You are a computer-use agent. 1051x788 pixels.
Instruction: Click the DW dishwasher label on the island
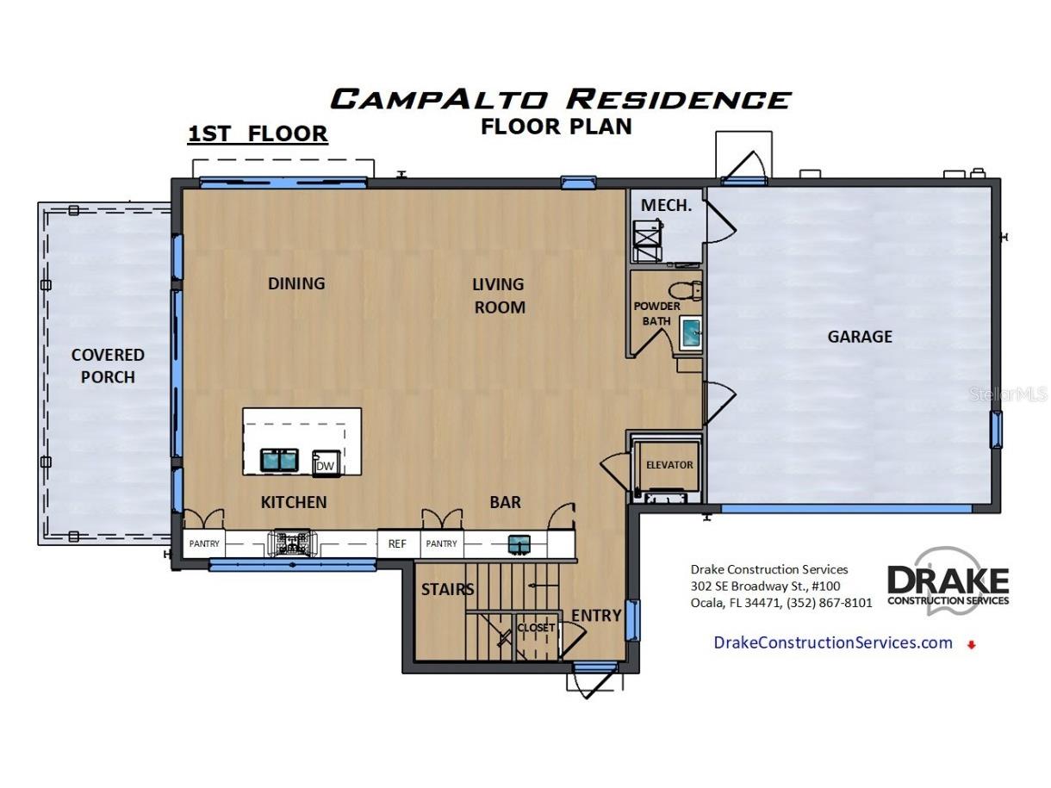325,466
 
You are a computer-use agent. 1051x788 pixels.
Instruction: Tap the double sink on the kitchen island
278,461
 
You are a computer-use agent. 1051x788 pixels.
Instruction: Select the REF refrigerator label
397,543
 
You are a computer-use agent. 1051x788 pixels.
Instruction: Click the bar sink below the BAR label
519,543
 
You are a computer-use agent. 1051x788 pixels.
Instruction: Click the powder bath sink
691,332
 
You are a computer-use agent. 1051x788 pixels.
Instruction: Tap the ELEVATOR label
669,464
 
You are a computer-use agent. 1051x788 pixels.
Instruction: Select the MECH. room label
666,206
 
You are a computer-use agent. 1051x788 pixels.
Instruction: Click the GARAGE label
859,337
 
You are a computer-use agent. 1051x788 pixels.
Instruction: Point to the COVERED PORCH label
108,365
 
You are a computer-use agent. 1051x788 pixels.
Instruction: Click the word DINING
296,283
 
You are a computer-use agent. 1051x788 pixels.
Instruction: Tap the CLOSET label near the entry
536,628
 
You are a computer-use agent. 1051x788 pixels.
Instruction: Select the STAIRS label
447,590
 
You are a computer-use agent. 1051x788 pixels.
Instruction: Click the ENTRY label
596,615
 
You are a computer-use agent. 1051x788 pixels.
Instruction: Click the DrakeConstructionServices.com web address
833,642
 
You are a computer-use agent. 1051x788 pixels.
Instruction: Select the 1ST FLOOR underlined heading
258,134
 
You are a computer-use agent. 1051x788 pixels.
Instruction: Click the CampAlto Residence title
560,98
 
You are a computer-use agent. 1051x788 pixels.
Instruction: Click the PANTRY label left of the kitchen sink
205,543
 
